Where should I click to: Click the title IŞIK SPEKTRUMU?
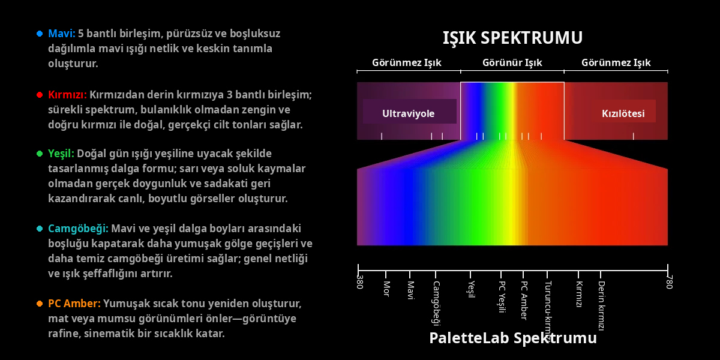point(512,38)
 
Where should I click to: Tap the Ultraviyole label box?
point(409,111)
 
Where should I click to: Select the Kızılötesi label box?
point(623,111)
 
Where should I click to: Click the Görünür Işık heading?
point(512,62)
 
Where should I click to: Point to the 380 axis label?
point(360,281)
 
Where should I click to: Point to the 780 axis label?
point(669,281)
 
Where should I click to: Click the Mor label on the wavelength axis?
point(386,289)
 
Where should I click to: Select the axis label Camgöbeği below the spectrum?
point(436,303)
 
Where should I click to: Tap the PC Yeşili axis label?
point(502,296)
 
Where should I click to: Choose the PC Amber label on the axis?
point(524,300)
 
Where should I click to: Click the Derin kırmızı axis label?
point(601,305)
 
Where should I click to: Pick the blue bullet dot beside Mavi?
point(40,34)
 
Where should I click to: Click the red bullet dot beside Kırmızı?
point(40,95)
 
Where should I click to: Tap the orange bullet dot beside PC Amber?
point(40,304)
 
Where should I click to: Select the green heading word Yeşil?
point(61,154)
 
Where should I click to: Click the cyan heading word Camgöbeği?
point(78,229)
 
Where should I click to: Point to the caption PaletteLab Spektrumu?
point(513,338)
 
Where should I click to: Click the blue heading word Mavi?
point(62,34)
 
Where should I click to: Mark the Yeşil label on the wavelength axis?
point(471,289)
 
